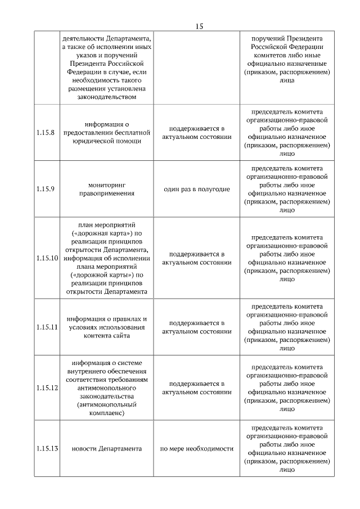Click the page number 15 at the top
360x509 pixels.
click(x=200, y=26)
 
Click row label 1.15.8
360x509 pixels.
click(x=45, y=133)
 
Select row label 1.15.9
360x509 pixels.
click(x=45, y=188)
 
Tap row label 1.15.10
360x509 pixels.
click(x=47, y=258)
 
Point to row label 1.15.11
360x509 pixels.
click(x=47, y=327)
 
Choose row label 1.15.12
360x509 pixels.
click(x=47, y=388)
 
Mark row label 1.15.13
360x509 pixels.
click(x=47, y=448)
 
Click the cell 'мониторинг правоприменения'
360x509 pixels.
click(x=107, y=188)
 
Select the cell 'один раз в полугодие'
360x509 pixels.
click(x=197, y=189)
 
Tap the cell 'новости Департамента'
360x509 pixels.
click(x=107, y=449)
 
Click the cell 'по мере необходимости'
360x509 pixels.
click(x=197, y=449)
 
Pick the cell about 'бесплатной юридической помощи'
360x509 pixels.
click(x=107, y=133)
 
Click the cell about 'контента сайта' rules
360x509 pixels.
click(x=107, y=327)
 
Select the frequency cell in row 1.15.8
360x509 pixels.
click(x=197, y=133)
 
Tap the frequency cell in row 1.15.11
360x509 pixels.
click(x=197, y=327)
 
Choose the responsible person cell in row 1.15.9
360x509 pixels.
click(x=287, y=189)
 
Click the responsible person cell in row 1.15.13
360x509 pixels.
click(x=287, y=449)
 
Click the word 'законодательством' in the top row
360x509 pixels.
click(x=107, y=97)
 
